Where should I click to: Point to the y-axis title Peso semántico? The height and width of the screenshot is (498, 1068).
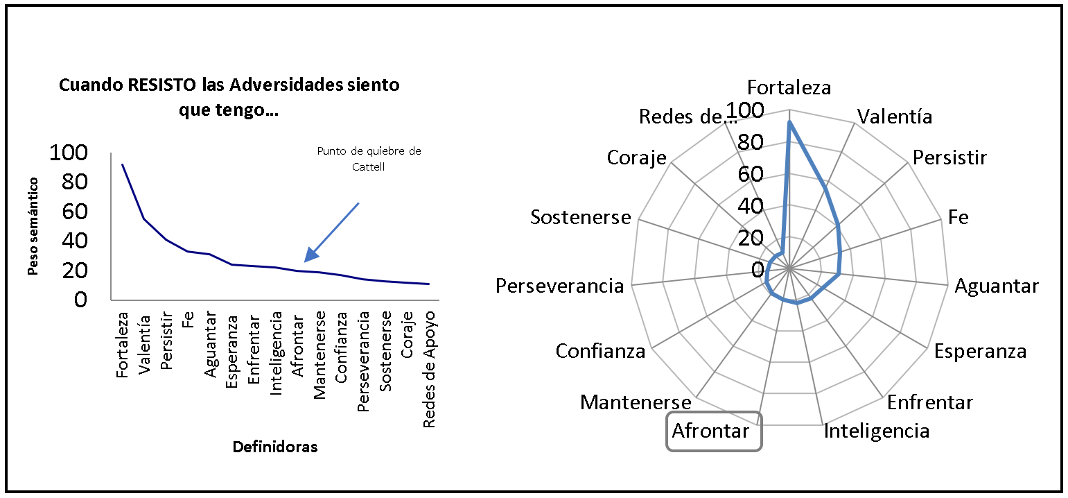(x=33, y=226)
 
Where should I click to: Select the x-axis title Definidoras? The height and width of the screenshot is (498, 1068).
(x=275, y=447)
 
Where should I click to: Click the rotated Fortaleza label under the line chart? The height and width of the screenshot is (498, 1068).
(x=123, y=345)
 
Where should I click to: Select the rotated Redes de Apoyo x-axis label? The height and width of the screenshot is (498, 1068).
(x=430, y=370)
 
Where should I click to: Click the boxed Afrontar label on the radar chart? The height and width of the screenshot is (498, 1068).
(x=711, y=431)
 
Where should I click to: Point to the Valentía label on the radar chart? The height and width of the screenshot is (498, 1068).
(x=895, y=116)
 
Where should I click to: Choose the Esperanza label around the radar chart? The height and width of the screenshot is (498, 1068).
(x=980, y=350)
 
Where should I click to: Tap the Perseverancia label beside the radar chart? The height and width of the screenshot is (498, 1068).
(x=560, y=285)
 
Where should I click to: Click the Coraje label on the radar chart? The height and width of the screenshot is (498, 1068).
(x=636, y=157)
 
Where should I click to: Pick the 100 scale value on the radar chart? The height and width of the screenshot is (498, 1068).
(x=742, y=111)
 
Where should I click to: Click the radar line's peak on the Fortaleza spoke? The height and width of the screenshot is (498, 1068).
(x=789, y=122)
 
